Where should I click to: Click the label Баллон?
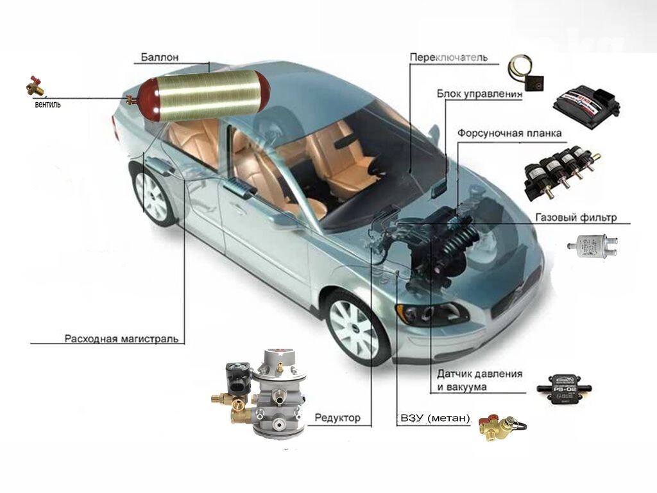tap(160, 57)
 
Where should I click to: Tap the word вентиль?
tap(47, 105)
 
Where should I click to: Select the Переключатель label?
tap(448, 57)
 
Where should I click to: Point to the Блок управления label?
tap(480, 94)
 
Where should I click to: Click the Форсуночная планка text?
tap(509, 134)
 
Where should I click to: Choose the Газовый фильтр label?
tap(576, 217)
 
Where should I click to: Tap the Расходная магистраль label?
tap(121, 338)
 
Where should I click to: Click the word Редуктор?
tap(337, 417)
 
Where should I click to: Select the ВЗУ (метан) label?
tap(436, 418)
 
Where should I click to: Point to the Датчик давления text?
tap(480, 373)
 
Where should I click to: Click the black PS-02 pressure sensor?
tap(565, 388)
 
